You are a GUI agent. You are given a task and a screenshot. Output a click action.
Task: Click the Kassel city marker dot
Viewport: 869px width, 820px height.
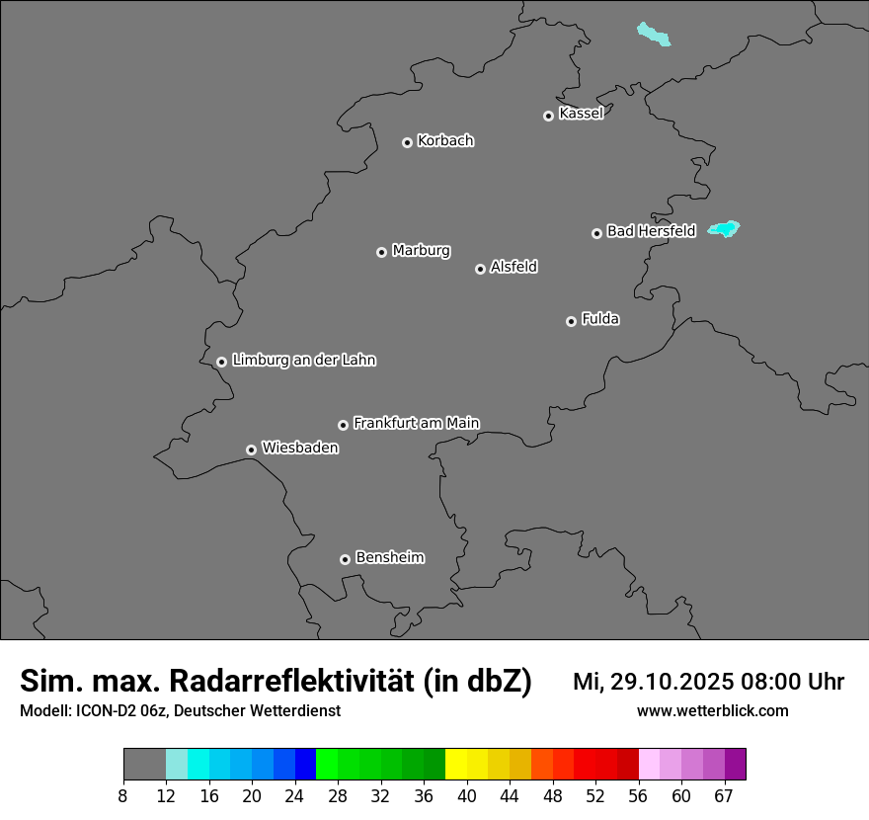[x=548, y=117]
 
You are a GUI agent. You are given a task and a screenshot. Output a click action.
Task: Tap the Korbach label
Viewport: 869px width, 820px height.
[x=445, y=141]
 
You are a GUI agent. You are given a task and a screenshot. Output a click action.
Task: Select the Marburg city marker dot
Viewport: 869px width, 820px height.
[x=381, y=252]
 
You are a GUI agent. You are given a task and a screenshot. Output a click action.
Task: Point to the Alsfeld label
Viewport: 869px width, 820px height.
[x=513, y=267]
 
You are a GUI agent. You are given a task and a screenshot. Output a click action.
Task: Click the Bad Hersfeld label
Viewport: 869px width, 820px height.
[x=651, y=231]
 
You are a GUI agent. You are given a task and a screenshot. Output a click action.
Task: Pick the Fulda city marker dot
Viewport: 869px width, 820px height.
[x=571, y=321]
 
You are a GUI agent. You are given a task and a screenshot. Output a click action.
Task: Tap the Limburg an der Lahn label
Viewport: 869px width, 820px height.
[x=303, y=361]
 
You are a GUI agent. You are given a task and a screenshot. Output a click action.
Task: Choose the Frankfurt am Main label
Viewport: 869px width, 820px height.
[x=416, y=423]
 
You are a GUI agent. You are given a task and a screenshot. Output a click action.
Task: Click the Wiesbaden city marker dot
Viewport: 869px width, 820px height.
[x=252, y=450]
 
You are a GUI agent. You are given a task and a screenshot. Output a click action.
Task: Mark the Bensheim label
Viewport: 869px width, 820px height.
[x=389, y=557]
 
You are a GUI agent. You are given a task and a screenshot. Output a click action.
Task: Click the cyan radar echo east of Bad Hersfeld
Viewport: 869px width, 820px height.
[x=726, y=229]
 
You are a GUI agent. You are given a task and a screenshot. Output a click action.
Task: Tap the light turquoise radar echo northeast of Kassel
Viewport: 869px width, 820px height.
[x=654, y=35]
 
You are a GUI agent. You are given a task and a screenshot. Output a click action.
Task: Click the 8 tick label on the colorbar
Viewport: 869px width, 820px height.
[x=123, y=796]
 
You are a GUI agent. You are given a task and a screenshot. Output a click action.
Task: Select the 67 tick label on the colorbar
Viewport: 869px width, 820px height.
[x=724, y=796]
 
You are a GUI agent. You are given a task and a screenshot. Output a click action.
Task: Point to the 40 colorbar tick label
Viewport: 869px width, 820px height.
[x=467, y=796]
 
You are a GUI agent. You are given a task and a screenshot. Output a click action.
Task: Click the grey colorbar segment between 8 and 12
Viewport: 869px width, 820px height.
[x=144, y=765]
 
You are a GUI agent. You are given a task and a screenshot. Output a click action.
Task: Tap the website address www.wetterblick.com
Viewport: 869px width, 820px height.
[x=712, y=711]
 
